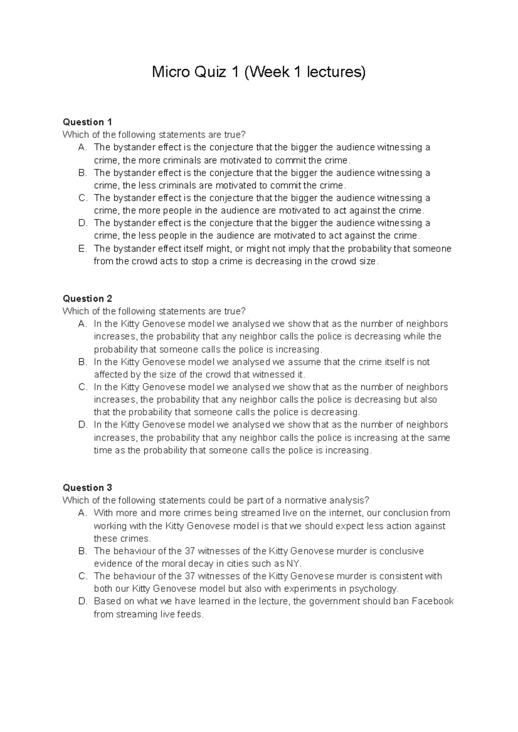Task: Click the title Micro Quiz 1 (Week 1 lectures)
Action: pos(259,72)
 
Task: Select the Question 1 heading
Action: pos(87,122)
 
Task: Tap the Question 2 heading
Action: pos(87,298)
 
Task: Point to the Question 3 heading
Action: pos(87,488)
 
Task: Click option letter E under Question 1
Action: pos(82,249)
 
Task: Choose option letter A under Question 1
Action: pos(82,147)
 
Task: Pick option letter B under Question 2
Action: pos(82,362)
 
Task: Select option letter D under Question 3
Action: pos(82,601)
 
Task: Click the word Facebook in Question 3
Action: pos(433,601)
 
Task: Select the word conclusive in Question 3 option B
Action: pos(401,551)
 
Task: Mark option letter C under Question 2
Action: pos(82,387)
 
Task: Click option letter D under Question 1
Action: pos(82,223)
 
